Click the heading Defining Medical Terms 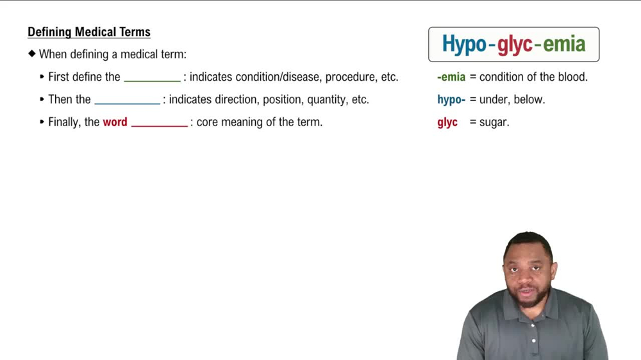click(x=89, y=32)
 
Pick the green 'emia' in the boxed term click(x=564, y=44)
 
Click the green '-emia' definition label click(x=451, y=78)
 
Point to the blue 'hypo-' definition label click(x=451, y=100)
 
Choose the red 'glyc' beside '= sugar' click(x=447, y=122)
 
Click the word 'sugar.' click(x=494, y=122)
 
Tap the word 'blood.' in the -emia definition click(x=572, y=78)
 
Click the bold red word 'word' click(x=115, y=122)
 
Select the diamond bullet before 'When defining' click(x=31, y=54)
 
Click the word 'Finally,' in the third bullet click(x=65, y=122)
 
